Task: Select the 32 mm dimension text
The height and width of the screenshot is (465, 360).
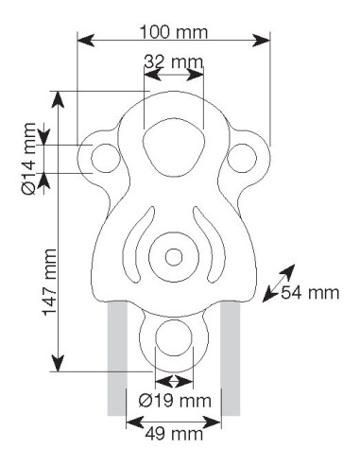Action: tap(174, 62)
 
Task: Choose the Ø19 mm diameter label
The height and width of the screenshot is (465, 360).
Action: tap(174, 400)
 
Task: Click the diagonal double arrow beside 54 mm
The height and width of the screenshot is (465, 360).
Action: tap(276, 286)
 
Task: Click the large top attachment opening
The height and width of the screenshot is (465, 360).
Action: tap(173, 148)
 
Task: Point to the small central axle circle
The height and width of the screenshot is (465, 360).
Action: tap(173, 257)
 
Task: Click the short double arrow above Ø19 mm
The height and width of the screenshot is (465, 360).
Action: tap(174, 381)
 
